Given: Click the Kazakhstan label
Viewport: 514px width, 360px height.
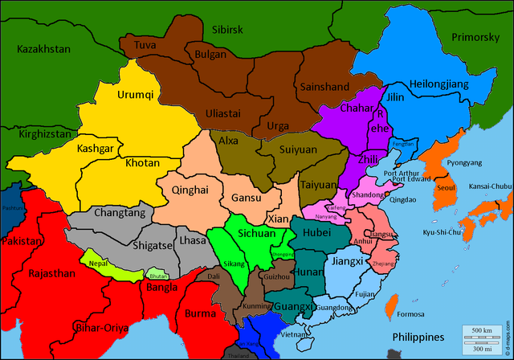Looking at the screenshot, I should [43, 49].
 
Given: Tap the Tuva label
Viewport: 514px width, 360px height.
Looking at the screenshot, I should [145, 45].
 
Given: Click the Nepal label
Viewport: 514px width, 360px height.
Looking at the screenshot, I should [98, 263].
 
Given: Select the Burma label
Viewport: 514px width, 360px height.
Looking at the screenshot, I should [200, 313].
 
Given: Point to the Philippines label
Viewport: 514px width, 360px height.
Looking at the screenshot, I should [418, 336].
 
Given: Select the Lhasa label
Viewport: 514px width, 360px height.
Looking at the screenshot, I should [193, 240].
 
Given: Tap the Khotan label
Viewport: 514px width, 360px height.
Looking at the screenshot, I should [142, 162].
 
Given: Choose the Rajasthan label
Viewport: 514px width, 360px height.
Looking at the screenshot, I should [51, 274].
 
